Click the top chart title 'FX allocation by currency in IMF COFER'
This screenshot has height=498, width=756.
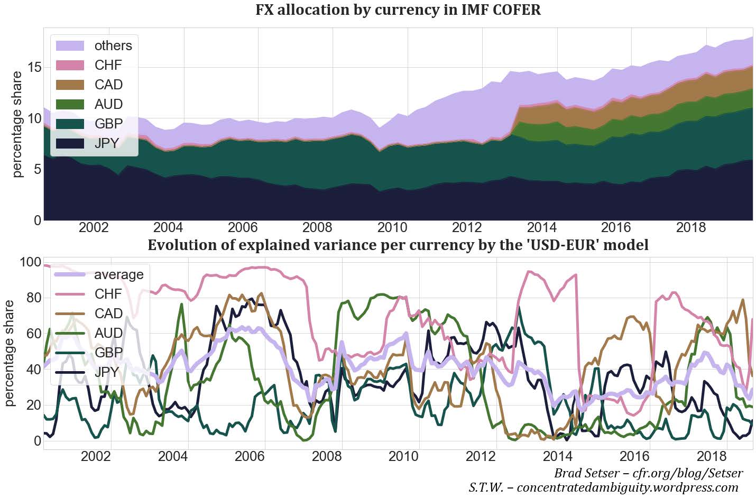pyautogui.click(x=398, y=10)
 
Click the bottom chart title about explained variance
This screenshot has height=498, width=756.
pyautogui.click(x=398, y=245)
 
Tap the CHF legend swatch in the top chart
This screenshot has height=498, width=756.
pyautogui.click(x=70, y=66)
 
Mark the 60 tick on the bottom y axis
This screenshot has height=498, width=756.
pyautogui.click(x=33, y=334)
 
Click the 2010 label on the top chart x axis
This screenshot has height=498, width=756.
pyautogui.click(x=392, y=228)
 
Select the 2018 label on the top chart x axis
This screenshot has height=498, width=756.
pyautogui.click(x=691, y=228)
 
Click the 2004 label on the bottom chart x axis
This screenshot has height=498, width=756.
pyautogui.click(x=172, y=456)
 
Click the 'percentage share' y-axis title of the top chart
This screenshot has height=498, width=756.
pyautogui.click(x=17, y=124)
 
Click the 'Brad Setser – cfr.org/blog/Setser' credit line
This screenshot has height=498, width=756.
pyautogui.click(x=648, y=473)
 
